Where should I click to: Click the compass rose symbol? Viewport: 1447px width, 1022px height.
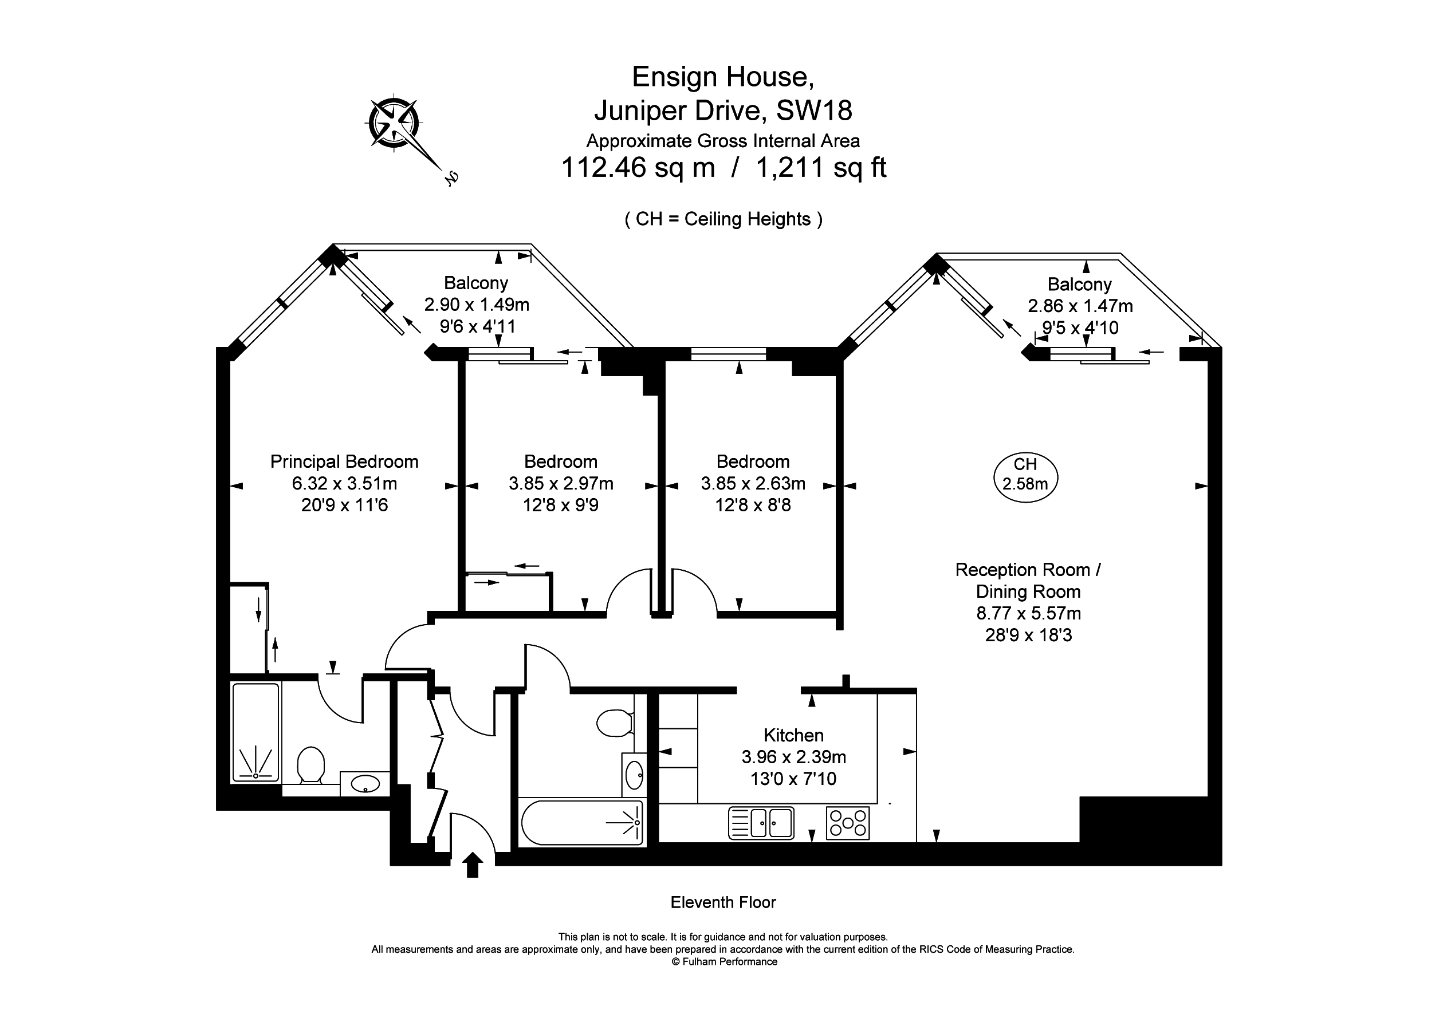tap(394, 124)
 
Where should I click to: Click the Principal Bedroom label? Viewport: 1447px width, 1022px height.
tap(344, 462)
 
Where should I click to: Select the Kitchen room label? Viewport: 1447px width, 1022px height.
tap(793, 735)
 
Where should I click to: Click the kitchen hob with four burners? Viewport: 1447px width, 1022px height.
tap(848, 823)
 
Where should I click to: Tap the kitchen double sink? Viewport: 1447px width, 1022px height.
tap(761, 823)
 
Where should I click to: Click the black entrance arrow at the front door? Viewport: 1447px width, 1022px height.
tap(473, 865)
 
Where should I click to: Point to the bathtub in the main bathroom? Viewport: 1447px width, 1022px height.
tap(581, 823)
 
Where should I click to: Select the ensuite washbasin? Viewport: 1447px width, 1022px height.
tap(365, 784)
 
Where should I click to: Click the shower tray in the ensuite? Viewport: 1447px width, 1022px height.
tap(256, 733)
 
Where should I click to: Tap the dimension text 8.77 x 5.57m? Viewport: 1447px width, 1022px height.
tap(1028, 613)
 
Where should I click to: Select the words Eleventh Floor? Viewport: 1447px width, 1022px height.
tap(723, 902)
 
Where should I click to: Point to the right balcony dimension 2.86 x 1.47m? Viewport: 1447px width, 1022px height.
tap(1080, 306)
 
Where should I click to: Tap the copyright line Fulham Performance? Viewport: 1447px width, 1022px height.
tap(724, 961)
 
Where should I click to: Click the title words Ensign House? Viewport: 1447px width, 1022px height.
tap(723, 77)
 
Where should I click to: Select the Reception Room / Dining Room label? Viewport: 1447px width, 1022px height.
tap(1028, 581)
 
